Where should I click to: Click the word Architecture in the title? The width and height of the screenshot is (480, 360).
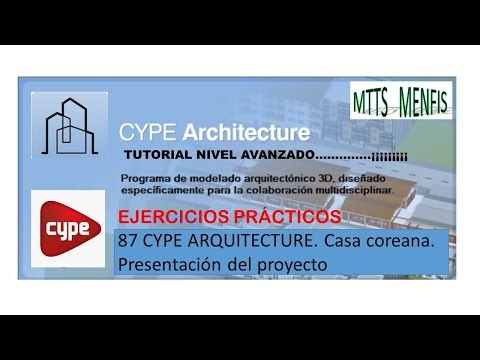[241, 131]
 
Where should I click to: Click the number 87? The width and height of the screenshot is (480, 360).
[127, 241]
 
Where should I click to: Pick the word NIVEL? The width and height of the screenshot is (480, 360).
[213, 156]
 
